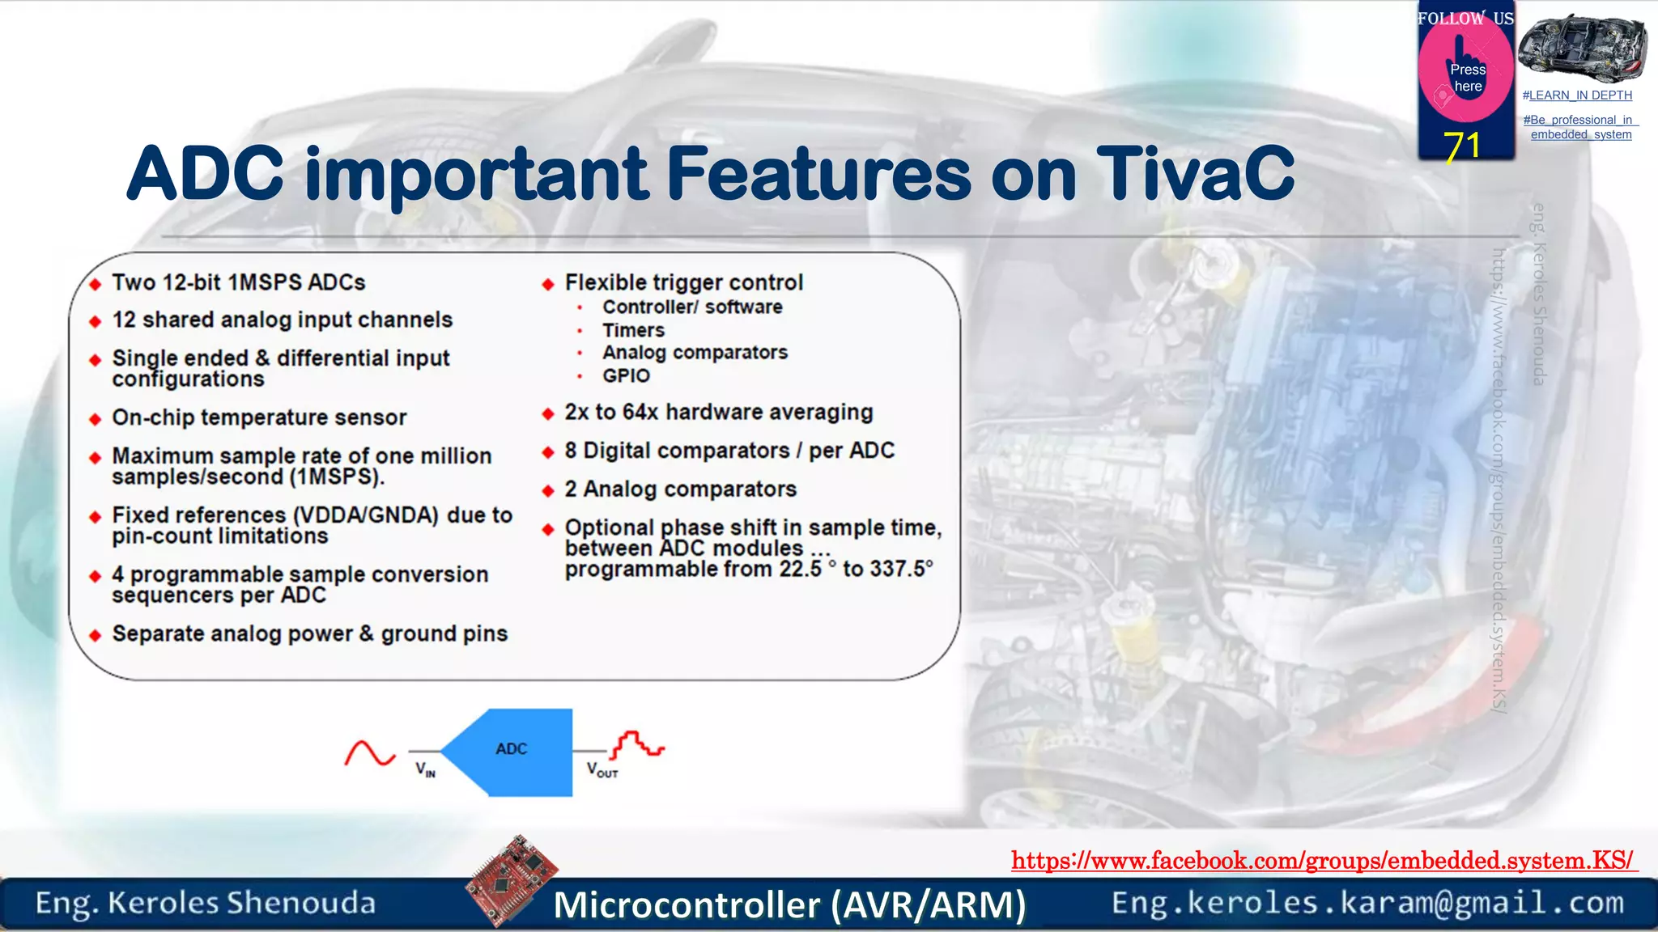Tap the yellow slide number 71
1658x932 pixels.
[1462, 146]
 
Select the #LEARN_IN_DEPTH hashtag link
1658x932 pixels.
[1577, 95]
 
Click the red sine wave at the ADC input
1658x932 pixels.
[370, 753]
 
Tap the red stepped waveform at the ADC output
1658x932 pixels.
[638, 745]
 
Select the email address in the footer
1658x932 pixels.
[1367, 903]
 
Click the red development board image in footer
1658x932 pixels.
[512, 879]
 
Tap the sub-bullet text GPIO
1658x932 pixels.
[626, 376]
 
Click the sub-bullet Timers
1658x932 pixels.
[633, 331]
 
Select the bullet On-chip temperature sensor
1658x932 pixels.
[259, 417]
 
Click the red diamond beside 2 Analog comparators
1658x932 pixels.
[548, 490]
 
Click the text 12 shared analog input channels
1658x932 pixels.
[282, 320]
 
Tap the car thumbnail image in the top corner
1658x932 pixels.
[1582, 48]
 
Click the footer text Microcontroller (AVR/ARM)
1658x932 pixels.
[789, 904]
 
